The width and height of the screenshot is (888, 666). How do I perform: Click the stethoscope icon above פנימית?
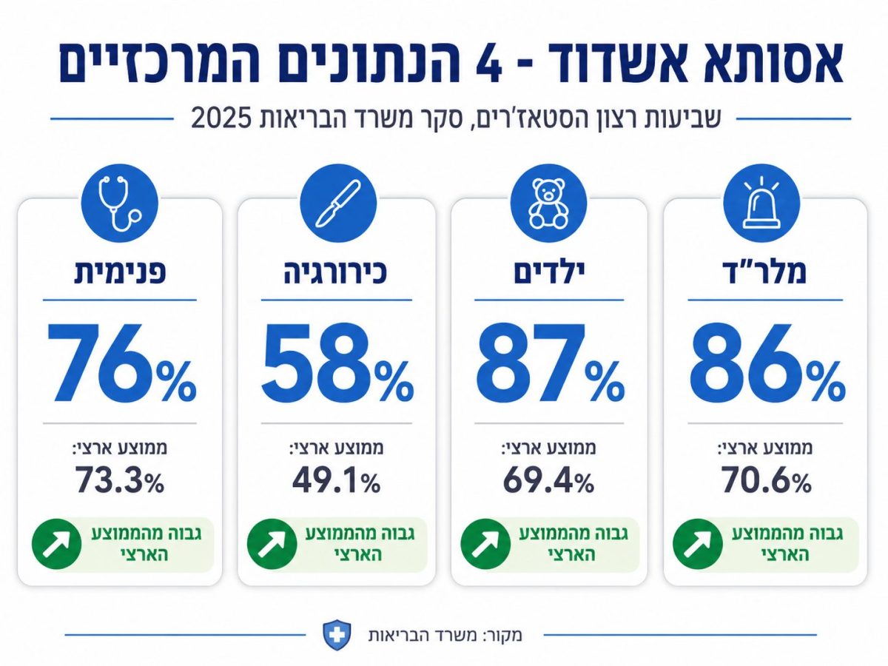point(120,203)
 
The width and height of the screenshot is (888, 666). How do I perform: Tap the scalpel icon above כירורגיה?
point(338,203)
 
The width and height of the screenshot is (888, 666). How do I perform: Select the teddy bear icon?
point(548,203)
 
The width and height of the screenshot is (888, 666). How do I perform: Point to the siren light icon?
point(761,203)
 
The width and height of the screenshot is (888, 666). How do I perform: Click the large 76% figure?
point(121,363)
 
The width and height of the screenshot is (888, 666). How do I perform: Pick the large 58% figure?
point(337,363)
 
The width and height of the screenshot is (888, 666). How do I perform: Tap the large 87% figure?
point(551,363)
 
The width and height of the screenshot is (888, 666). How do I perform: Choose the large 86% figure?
point(767,363)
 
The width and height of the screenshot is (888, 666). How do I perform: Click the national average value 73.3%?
point(120,480)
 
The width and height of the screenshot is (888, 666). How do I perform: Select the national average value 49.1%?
point(337,480)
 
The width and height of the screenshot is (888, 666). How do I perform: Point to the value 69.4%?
point(549,480)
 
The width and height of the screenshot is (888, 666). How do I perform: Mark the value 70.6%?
point(766,480)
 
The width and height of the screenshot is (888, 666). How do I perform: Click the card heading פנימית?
point(120,273)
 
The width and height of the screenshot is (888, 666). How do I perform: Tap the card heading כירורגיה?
point(335,273)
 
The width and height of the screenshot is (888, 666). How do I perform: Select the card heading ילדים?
point(549,273)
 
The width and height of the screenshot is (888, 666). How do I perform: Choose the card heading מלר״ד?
point(764,272)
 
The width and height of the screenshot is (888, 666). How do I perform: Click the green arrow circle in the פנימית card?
point(57,544)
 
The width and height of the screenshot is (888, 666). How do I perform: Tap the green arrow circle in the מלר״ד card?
point(698,544)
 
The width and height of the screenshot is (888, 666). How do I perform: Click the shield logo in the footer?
point(337,636)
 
